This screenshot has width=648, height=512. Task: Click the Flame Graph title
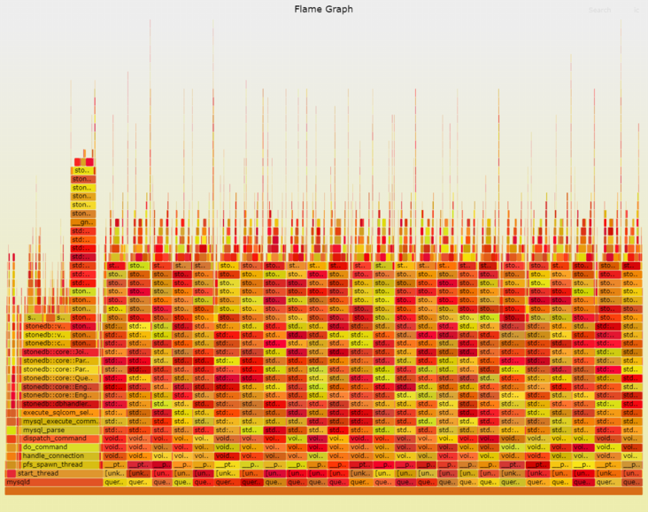[323, 9]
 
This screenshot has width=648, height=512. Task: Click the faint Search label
[599, 11]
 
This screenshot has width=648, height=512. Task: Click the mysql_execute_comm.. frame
[58, 421]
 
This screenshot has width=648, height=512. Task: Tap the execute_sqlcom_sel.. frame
[58, 412]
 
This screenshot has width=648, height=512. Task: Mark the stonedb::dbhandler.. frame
[58, 404]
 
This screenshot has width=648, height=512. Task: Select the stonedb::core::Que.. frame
[58, 377]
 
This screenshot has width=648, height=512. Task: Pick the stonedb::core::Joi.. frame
[58, 352]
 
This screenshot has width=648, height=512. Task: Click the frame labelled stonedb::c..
[44, 343]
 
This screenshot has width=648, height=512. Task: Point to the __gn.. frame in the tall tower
[81, 222]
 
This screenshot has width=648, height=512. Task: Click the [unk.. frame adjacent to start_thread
[114, 473]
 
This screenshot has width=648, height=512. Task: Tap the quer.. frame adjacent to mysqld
[114, 482]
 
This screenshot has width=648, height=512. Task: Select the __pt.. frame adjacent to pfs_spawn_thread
[114, 464]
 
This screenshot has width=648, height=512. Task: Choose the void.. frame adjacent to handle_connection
[114, 455]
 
